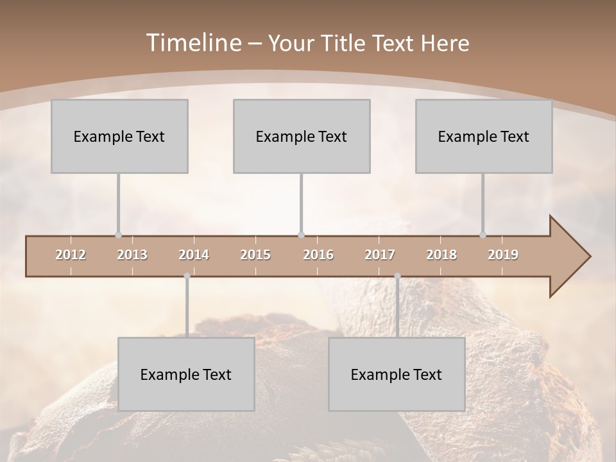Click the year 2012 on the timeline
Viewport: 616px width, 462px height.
click(71, 255)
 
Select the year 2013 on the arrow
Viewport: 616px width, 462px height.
click(132, 255)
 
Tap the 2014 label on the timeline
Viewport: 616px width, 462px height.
click(194, 255)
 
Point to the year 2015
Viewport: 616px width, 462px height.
click(255, 255)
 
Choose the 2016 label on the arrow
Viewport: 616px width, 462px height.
click(318, 255)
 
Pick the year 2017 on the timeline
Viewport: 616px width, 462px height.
click(380, 255)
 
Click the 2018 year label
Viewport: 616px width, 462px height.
click(441, 255)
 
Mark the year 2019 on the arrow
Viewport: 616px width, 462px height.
click(503, 255)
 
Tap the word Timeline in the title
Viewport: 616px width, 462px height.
click(193, 43)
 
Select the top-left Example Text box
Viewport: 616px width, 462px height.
click(119, 136)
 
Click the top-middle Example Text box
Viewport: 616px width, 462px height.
click(302, 136)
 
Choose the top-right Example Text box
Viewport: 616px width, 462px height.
click(484, 136)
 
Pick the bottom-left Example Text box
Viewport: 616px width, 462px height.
click(186, 374)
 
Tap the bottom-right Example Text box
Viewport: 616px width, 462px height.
click(397, 374)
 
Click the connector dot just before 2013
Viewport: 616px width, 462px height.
click(118, 235)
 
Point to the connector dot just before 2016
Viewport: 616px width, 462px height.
click(302, 235)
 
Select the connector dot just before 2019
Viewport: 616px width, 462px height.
click(483, 235)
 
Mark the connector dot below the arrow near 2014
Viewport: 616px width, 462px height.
click(187, 276)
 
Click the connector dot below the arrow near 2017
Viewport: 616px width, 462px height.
click(397, 276)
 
